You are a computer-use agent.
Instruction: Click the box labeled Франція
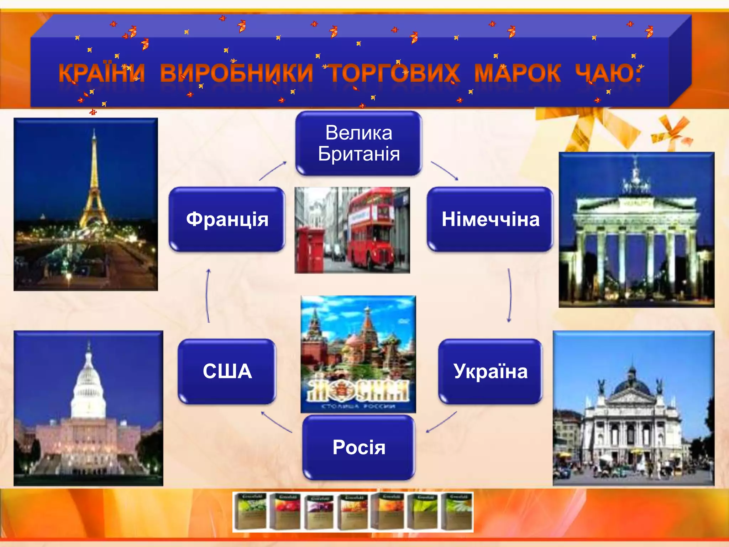(227, 219)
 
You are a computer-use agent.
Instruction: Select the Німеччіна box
(490, 219)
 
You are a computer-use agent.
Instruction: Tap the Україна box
(490, 371)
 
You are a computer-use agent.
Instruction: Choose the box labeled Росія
(359, 447)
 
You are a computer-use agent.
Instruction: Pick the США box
(227, 371)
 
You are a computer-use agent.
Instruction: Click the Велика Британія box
(359, 143)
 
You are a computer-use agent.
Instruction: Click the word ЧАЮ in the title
(608, 73)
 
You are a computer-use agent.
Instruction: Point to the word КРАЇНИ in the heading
(102, 73)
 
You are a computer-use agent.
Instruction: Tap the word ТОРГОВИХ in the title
(394, 73)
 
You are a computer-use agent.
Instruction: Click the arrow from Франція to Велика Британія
(273, 171)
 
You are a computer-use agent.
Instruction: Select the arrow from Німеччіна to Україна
(510, 296)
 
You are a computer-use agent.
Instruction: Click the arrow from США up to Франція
(208, 296)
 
